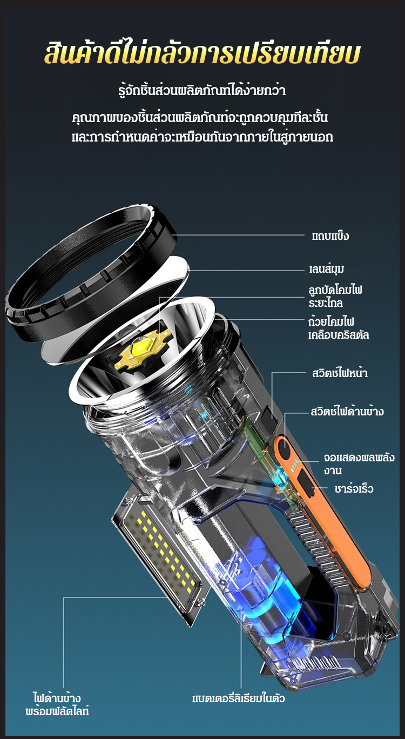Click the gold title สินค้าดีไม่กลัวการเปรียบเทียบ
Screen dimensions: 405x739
coord(202,53)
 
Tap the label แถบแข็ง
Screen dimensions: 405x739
coord(330,236)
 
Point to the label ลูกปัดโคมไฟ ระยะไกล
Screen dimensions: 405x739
coord(335,296)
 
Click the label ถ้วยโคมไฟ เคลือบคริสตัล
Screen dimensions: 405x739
coord(339,328)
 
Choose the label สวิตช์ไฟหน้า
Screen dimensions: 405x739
coord(340,373)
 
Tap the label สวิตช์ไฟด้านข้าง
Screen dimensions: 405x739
coord(347,412)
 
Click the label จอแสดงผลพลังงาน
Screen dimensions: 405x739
coord(359,463)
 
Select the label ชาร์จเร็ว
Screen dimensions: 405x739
coord(354,488)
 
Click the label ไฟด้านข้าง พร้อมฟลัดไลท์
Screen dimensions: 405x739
coord(57,704)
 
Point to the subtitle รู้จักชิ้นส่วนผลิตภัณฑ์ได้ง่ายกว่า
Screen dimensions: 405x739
coord(202,90)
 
